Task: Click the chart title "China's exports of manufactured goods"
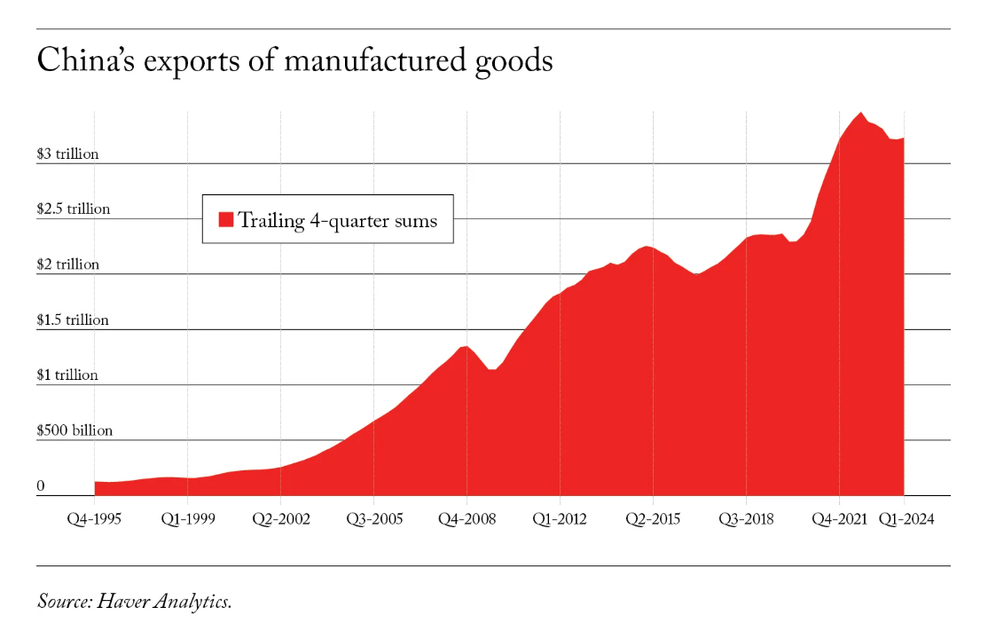click(294, 60)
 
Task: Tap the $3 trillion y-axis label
click(67, 154)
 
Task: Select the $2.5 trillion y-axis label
click(73, 209)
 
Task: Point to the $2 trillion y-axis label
click(67, 264)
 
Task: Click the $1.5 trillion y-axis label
click(73, 319)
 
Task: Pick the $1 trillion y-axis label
click(67, 375)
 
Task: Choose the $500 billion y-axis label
click(75, 430)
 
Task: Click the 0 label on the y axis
click(41, 485)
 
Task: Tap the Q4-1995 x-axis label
click(95, 519)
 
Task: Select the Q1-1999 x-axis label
click(187, 519)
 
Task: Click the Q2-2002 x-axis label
click(280, 519)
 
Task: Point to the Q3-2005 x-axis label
click(373, 519)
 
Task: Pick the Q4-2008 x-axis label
click(467, 519)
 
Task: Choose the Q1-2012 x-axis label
click(560, 519)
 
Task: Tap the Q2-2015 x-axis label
click(653, 519)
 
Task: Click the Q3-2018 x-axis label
click(746, 519)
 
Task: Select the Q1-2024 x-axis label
click(905, 519)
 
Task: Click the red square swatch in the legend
click(225, 219)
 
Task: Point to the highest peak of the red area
click(860, 114)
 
